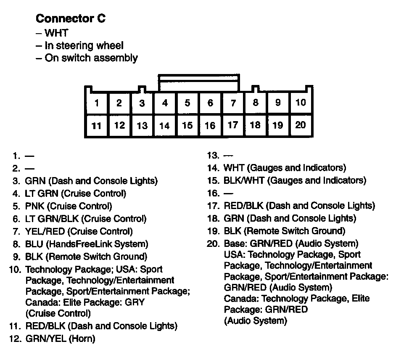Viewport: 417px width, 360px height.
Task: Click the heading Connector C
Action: [x=70, y=19]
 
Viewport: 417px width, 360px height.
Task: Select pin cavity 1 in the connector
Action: [x=97, y=103]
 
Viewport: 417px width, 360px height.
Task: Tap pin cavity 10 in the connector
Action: [x=301, y=103]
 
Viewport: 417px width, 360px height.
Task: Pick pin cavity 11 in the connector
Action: [x=97, y=126]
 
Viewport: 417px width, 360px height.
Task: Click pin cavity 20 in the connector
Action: [x=301, y=125]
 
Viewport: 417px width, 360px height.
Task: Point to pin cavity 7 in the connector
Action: [x=233, y=103]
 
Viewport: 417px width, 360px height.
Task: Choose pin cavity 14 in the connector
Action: [x=165, y=126]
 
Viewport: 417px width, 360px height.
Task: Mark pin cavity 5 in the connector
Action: [x=187, y=103]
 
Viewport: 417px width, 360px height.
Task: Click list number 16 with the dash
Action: [x=214, y=193]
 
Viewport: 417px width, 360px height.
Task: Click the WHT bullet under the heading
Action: [x=56, y=33]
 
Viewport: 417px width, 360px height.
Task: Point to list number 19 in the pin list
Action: [x=214, y=231]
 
